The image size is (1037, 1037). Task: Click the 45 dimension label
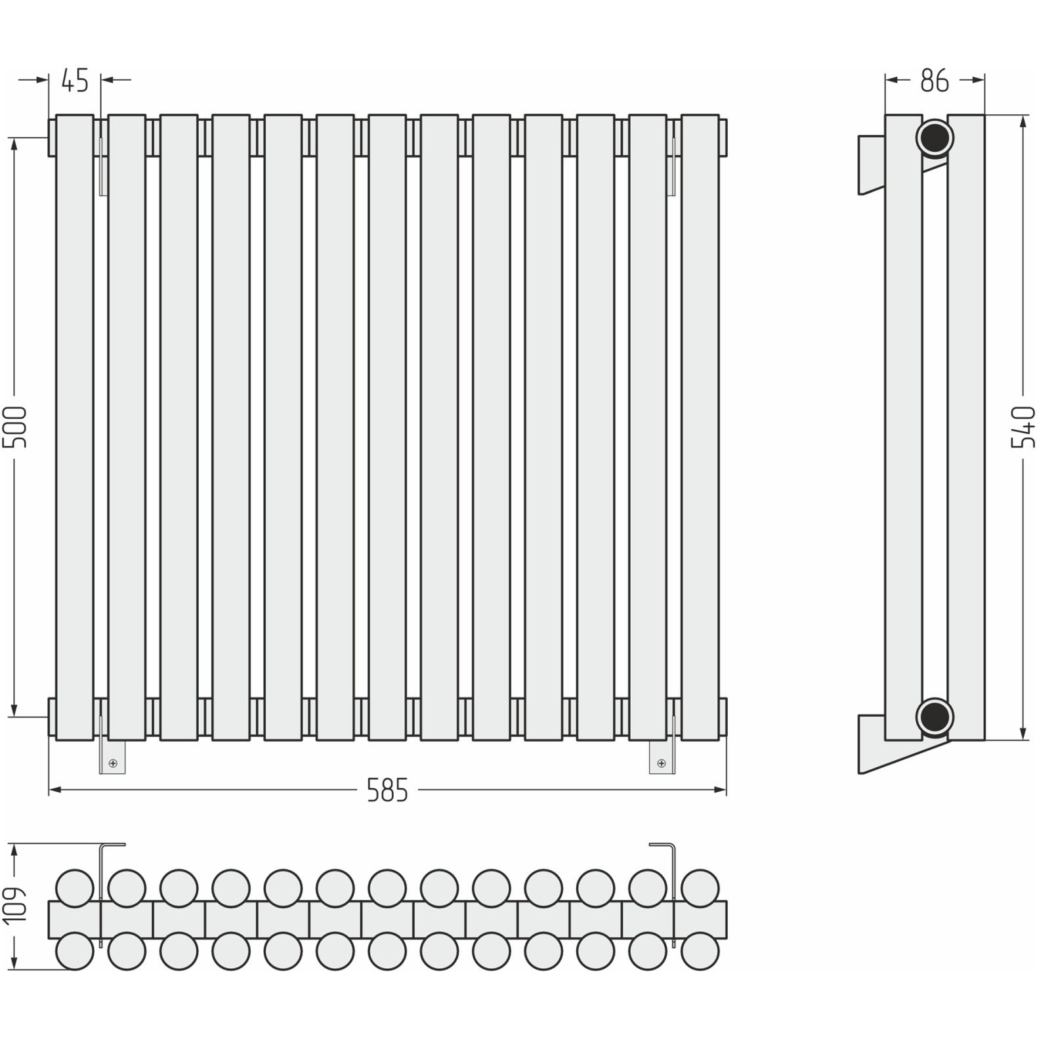(x=74, y=80)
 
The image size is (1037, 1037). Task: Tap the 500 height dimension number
(x=14, y=427)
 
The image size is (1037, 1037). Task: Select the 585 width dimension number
(x=387, y=790)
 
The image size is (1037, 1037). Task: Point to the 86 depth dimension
(x=934, y=80)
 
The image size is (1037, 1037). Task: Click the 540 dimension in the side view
(x=1023, y=427)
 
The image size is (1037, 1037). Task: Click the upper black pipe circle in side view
(x=935, y=137)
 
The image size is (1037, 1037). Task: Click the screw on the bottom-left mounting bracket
(x=113, y=763)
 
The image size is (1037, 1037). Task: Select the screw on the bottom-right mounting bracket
(x=661, y=763)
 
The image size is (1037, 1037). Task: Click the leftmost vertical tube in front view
(x=74, y=427)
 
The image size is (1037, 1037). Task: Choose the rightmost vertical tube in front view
(x=700, y=427)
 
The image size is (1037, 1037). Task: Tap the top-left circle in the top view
(x=74, y=888)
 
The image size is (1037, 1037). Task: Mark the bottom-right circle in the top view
(x=700, y=951)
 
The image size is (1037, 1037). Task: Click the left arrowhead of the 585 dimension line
(x=55, y=790)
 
